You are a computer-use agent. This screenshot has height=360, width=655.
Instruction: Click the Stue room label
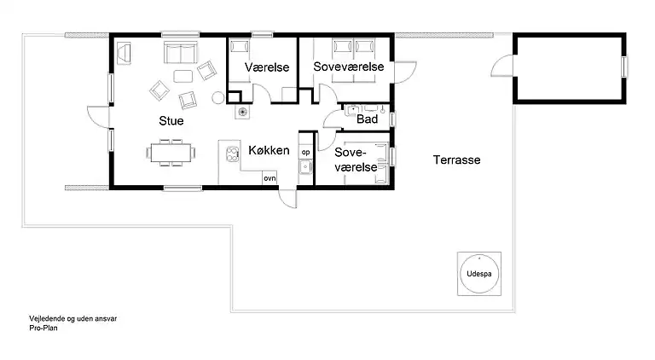[x=171, y=120]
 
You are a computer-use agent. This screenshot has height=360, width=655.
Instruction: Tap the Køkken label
[x=269, y=150]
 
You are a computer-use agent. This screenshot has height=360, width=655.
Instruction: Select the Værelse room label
[x=267, y=67]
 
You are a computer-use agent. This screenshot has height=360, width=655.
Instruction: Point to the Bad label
[x=368, y=119]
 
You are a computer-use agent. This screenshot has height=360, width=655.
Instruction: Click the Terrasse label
[x=456, y=160]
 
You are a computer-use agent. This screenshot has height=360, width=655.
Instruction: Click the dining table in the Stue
[x=171, y=153]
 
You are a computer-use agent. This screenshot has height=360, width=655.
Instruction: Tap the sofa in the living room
[x=181, y=52]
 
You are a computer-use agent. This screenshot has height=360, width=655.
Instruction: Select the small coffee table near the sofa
[x=183, y=77]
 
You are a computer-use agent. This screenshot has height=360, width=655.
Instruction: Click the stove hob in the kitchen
[x=232, y=154]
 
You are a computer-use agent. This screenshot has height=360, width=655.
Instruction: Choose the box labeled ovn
[x=270, y=178]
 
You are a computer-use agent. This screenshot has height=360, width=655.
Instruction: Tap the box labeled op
[x=306, y=152]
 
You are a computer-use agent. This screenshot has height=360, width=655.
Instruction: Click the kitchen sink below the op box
[x=306, y=166]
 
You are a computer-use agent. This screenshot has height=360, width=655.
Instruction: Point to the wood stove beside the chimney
[x=242, y=112]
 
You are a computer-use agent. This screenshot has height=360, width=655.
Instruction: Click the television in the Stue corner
[x=124, y=53]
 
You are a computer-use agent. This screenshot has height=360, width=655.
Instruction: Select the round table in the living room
[x=218, y=98]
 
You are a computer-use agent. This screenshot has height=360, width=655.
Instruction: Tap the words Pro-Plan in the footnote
[x=43, y=328]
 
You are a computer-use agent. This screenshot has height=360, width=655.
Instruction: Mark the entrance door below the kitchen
[x=287, y=200]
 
